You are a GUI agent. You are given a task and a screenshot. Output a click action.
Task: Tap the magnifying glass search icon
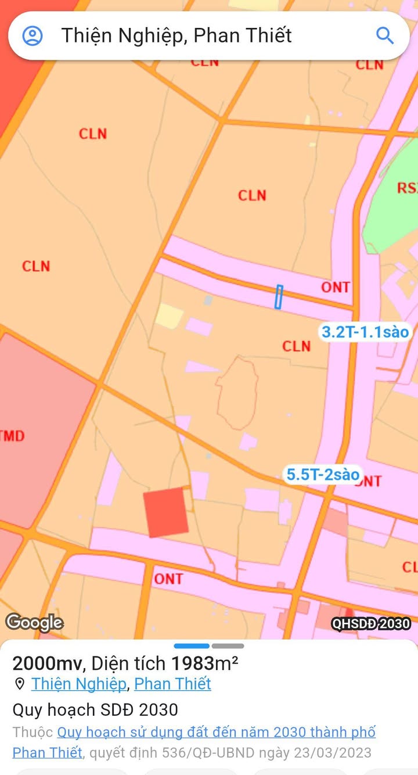(385, 35)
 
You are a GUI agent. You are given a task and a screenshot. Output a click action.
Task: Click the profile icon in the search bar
(33, 35)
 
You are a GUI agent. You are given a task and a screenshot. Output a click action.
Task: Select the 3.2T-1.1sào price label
(366, 332)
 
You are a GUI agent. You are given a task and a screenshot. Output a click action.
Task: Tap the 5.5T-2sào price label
(323, 474)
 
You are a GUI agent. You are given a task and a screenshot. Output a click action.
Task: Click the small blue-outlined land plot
(279, 297)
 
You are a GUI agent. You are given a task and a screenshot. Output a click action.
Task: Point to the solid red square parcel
(167, 512)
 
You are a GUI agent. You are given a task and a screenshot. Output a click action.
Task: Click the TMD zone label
(12, 436)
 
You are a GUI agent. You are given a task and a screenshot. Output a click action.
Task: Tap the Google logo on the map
(34, 623)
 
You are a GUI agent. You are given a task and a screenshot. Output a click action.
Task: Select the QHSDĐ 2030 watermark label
(371, 624)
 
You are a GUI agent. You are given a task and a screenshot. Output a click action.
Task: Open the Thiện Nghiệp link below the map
(78, 684)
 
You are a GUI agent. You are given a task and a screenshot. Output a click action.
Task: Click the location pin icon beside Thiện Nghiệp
(20, 684)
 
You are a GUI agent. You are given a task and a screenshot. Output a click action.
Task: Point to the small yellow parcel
(169, 315)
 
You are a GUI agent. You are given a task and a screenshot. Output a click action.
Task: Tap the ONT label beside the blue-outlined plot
(336, 287)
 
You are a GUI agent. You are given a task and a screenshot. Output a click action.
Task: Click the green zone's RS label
(407, 188)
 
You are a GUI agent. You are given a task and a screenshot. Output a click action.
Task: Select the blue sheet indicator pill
(192, 646)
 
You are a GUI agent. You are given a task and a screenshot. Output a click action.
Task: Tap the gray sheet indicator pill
(228, 646)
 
